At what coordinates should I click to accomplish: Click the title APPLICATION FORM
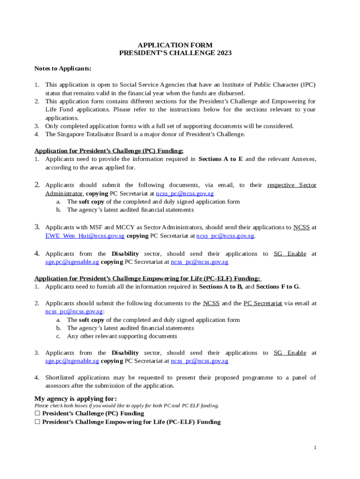(x=175, y=45)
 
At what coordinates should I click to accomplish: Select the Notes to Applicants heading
(x=63, y=68)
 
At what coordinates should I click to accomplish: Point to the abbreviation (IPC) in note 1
(x=307, y=85)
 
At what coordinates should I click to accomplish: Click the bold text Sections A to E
(x=221, y=159)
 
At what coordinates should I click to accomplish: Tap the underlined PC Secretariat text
(x=262, y=303)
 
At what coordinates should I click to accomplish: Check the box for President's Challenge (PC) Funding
(x=37, y=414)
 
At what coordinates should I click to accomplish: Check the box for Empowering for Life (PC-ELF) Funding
(x=37, y=422)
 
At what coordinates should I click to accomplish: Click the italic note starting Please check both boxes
(x=126, y=406)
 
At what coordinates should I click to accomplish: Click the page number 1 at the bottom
(x=315, y=448)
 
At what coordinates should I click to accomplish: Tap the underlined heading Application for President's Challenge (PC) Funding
(x=109, y=151)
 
